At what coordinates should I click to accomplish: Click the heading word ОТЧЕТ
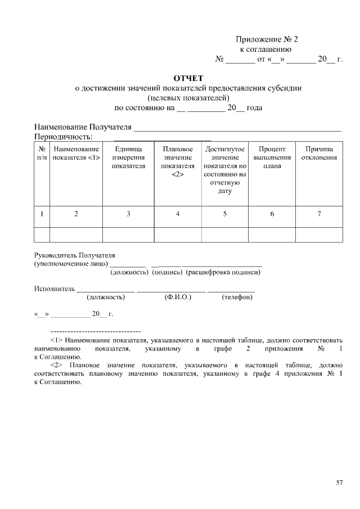(x=188, y=78)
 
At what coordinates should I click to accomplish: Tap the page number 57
(x=339, y=483)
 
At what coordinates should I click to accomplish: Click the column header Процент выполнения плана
(x=272, y=157)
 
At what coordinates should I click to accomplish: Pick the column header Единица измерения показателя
(x=128, y=157)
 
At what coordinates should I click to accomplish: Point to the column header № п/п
(x=42, y=154)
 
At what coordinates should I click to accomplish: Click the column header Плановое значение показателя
(x=178, y=161)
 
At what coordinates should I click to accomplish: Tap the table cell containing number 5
(x=225, y=214)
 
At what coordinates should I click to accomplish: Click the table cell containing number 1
(x=42, y=214)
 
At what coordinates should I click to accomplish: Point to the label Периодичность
(x=63, y=137)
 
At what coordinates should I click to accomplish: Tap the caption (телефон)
(x=237, y=296)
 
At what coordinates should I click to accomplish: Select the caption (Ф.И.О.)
(x=178, y=296)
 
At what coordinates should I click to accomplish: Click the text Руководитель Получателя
(x=74, y=255)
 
